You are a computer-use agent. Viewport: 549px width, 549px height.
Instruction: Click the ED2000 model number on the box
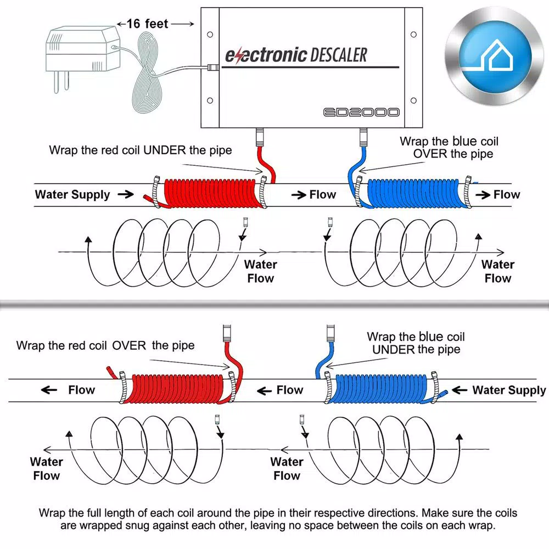[361, 112]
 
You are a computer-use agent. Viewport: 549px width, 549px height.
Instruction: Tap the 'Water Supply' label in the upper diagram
[72, 194]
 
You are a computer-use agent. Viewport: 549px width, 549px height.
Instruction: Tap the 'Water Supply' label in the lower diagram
[508, 390]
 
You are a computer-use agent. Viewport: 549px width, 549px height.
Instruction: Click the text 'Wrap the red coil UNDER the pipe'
[141, 150]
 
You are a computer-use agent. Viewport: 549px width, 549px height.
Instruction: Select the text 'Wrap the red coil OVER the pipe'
[105, 345]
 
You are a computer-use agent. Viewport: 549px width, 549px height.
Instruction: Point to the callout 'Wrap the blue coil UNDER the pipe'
[416, 343]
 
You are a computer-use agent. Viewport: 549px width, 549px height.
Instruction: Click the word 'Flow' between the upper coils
[322, 194]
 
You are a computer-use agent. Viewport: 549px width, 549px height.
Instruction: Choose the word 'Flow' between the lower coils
[289, 390]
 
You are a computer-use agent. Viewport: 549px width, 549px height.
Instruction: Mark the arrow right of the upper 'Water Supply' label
[125, 194]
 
